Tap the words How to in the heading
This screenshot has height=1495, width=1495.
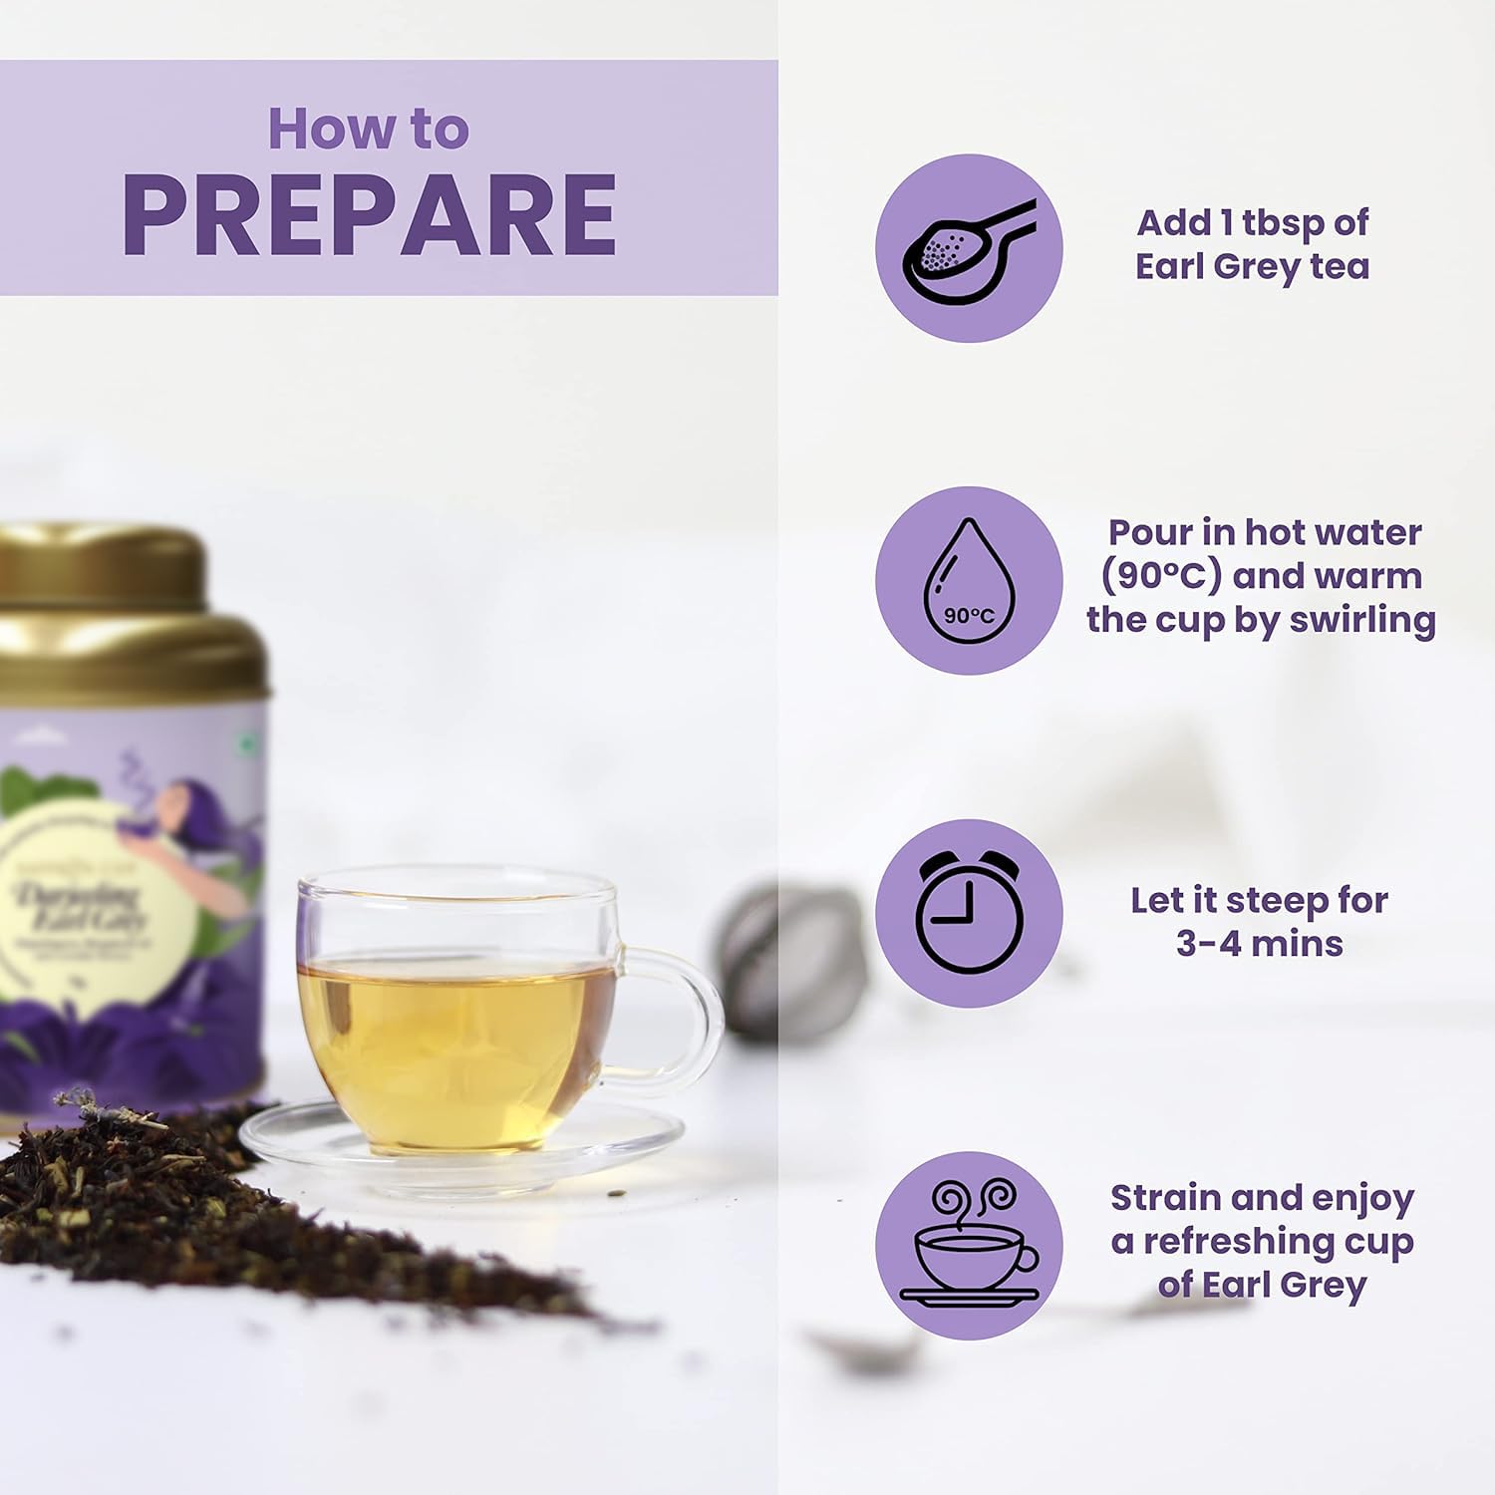click(368, 130)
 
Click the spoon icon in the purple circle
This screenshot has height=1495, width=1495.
click(968, 248)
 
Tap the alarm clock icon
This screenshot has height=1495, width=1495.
click(968, 913)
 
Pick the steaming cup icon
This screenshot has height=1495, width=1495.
click(968, 1245)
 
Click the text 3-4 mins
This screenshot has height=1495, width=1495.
click(1259, 943)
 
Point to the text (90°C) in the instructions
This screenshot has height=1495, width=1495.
click(1161, 576)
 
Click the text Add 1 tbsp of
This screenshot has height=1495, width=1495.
click(1252, 222)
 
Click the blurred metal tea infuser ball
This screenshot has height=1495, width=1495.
click(787, 962)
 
